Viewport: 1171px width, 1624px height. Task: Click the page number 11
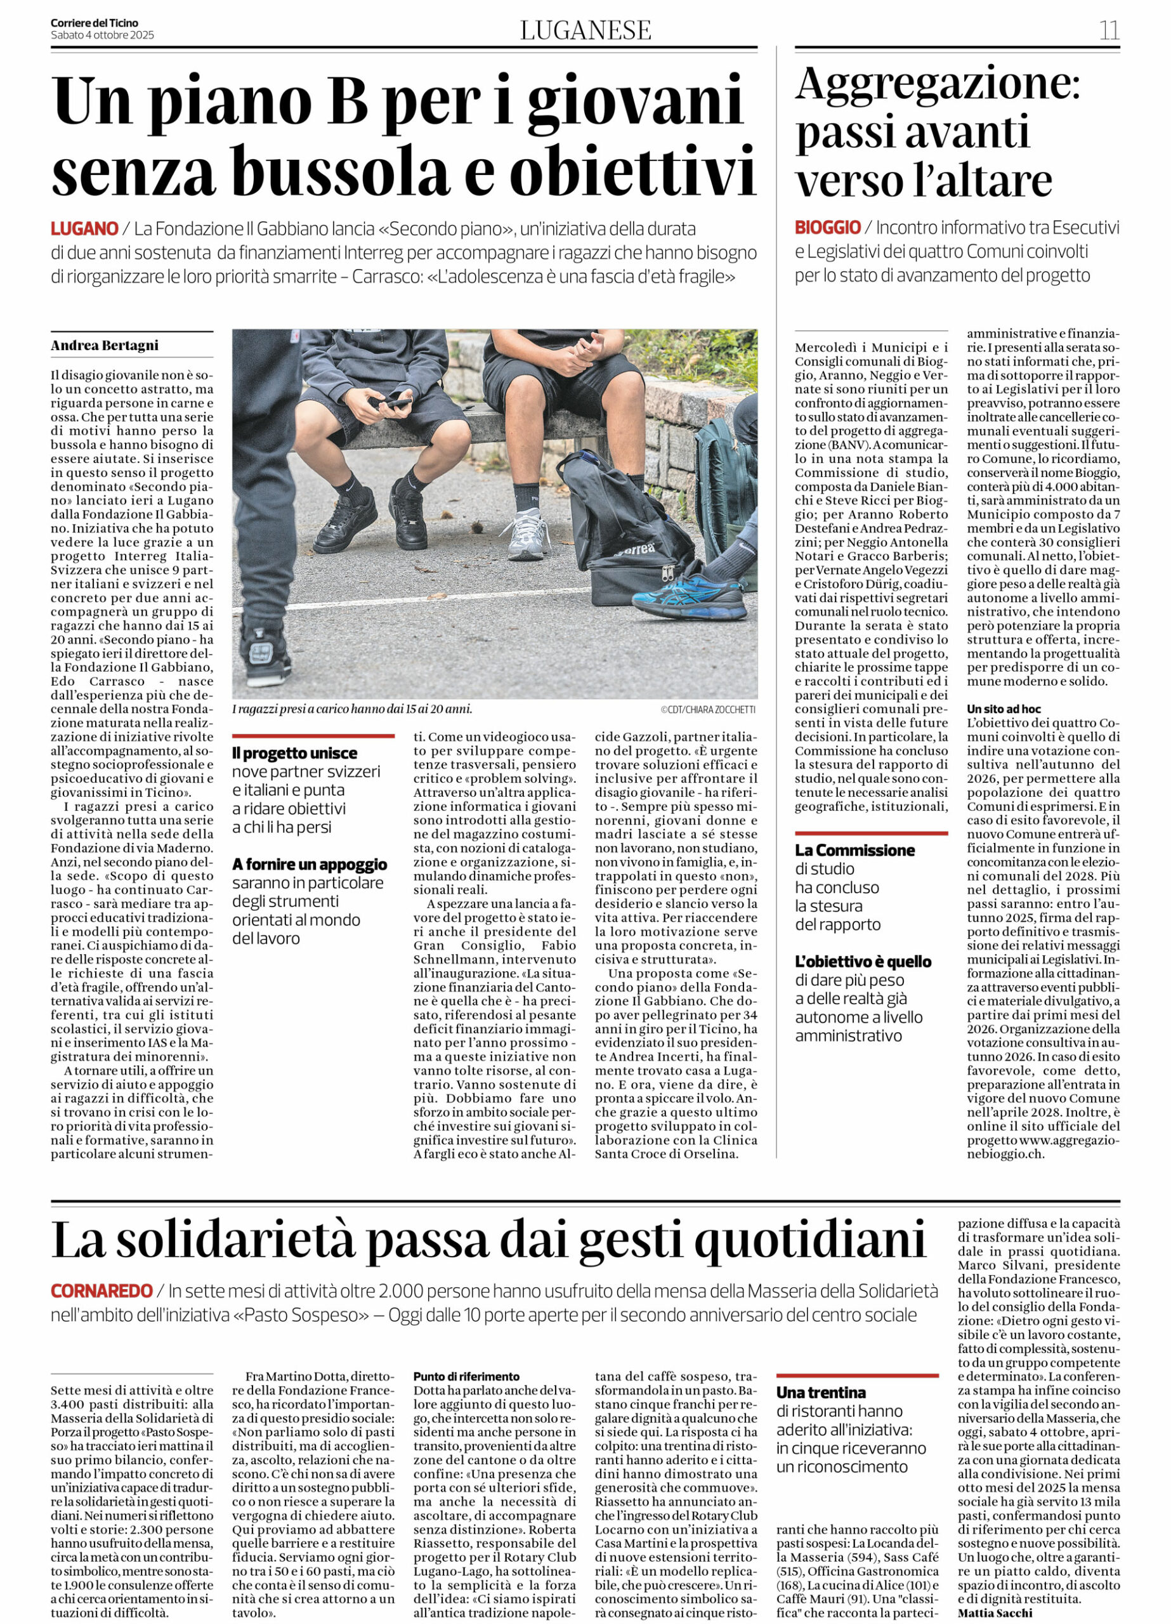[x=1109, y=30]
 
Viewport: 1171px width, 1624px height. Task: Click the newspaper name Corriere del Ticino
[x=94, y=23]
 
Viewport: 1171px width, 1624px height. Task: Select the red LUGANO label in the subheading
[x=84, y=229]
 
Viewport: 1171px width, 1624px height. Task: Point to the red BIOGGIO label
[x=827, y=228]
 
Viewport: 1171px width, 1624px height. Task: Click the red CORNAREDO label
[x=101, y=1291]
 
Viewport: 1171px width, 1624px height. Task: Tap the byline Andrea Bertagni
[x=105, y=345]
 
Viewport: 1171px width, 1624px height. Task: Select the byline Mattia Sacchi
[x=995, y=1613]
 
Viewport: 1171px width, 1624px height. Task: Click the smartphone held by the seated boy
[x=395, y=405]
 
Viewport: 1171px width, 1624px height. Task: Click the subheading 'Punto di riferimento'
[x=466, y=1376]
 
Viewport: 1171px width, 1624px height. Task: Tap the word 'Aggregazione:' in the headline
[x=938, y=84]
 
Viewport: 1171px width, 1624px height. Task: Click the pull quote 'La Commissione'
[x=854, y=850]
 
